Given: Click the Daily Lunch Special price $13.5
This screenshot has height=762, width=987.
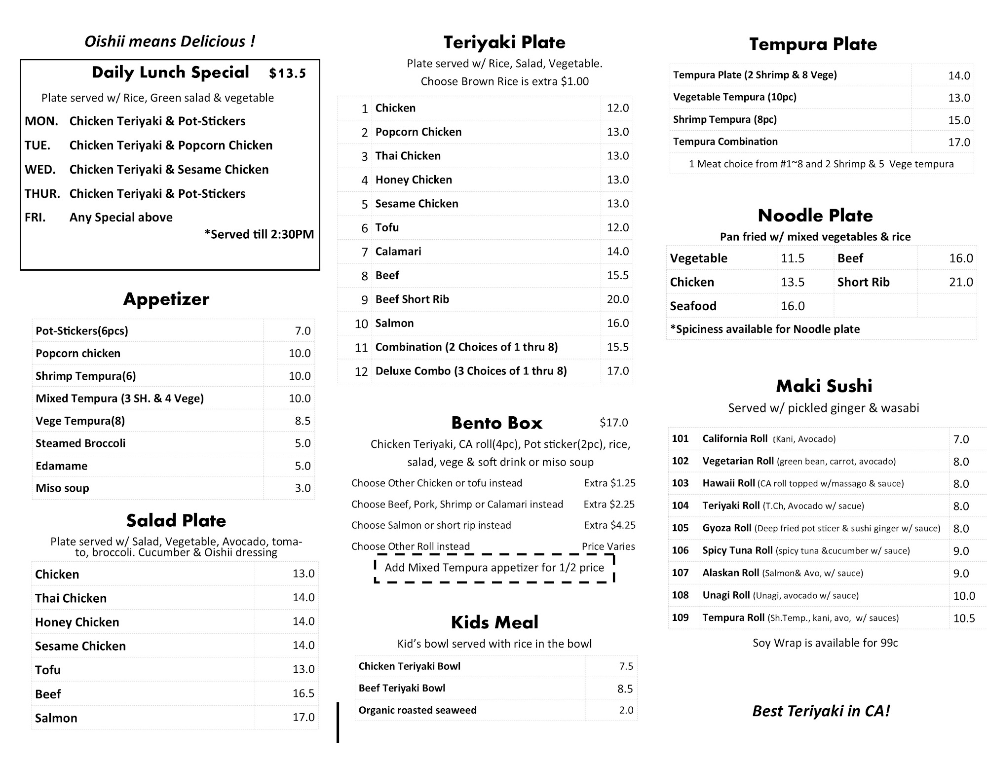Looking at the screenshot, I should [x=287, y=73].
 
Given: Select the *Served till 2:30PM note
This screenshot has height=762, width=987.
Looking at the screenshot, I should [x=259, y=234].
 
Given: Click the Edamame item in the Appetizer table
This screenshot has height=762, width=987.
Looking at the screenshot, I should [x=61, y=466].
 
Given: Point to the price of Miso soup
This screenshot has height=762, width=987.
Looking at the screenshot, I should [x=303, y=488].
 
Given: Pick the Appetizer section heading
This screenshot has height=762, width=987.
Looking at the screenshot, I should [x=166, y=299].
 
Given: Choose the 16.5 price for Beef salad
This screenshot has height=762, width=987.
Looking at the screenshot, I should [x=303, y=693].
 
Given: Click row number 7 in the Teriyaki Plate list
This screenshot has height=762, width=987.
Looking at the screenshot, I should [x=364, y=252].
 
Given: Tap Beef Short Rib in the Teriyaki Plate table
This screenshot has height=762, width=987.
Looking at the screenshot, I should [x=412, y=299].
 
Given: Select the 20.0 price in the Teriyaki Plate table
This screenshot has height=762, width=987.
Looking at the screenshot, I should [x=617, y=299].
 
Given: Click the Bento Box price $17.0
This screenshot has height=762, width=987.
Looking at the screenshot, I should [x=613, y=423].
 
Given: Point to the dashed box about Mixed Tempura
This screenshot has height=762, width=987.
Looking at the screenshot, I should [x=494, y=568].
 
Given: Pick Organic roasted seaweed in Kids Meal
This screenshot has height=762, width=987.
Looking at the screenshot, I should [x=418, y=710].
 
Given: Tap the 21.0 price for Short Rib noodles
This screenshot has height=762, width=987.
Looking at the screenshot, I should [x=961, y=282].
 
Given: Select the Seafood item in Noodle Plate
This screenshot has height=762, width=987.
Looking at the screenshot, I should [x=693, y=306].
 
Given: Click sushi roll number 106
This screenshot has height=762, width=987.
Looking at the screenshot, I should [x=680, y=550].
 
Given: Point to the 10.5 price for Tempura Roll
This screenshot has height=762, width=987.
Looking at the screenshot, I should [x=964, y=618].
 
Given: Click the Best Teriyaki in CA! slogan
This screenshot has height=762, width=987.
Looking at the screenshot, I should [x=821, y=711].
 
